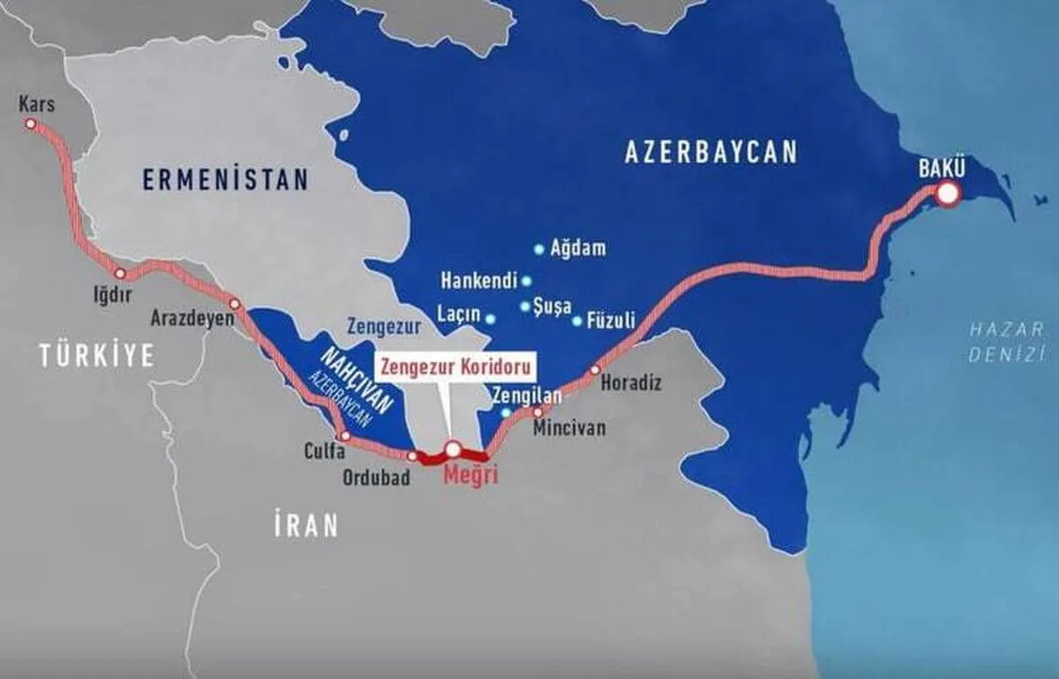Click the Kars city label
coord(37,105)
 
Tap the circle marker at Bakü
coord(948,194)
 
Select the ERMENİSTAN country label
coord(226,180)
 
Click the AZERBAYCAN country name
coord(710,152)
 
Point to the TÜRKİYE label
coord(96,356)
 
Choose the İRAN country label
coord(305,525)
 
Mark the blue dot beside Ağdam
coord(539,250)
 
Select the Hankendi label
coord(477,282)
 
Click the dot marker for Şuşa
coord(526,306)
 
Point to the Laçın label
coord(459,314)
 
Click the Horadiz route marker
coord(595,370)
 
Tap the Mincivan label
coord(570,428)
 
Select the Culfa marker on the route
coord(345,437)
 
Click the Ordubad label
coord(375,478)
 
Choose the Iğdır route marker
coord(120,274)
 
